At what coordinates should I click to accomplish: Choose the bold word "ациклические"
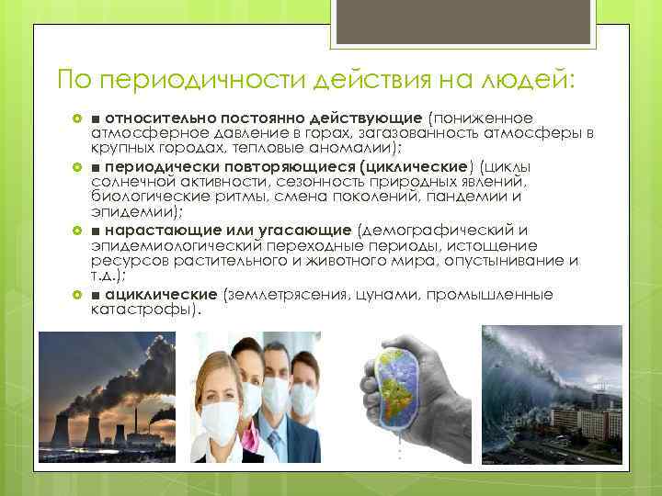point(161,294)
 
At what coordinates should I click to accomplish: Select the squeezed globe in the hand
point(396,391)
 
